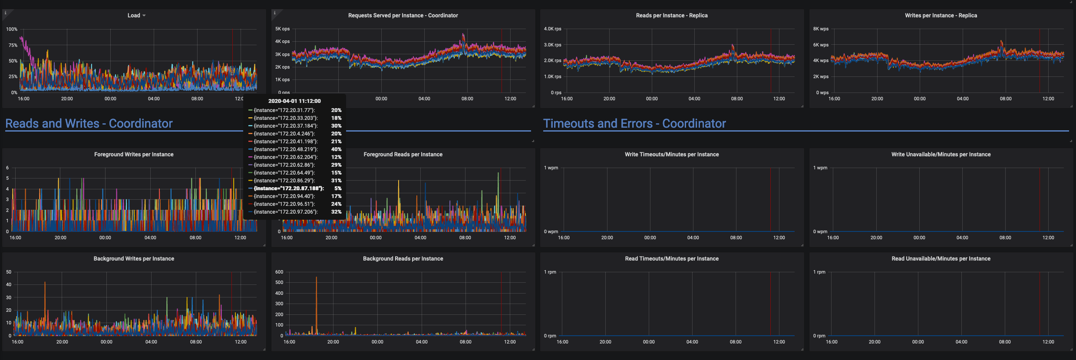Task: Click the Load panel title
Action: [x=134, y=16]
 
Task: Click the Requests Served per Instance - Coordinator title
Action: [x=403, y=16]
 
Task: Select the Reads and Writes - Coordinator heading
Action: [x=89, y=124]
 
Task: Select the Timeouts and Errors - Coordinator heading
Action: [x=634, y=124]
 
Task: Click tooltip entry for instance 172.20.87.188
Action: [x=289, y=188]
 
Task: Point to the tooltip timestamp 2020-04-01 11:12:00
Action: [x=294, y=101]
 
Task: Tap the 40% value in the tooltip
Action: [x=336, y=149]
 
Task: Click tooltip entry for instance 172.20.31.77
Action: [x=284, y=110]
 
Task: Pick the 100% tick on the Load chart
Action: [x=12, y=30]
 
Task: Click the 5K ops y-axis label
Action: [x=282, y=29]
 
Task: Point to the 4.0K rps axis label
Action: [x=552, y=29]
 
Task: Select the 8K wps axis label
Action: [x=821, y=29]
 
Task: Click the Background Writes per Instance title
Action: [x=134, y=259]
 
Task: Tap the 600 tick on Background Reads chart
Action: [x=279, y=272]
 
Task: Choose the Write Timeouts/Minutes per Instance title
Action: [x=671, y=155]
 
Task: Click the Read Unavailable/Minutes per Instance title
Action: [x=941, y=259]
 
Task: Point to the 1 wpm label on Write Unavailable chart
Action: [x=820, y=168]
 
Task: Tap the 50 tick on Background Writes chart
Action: [x=9, y=272]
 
